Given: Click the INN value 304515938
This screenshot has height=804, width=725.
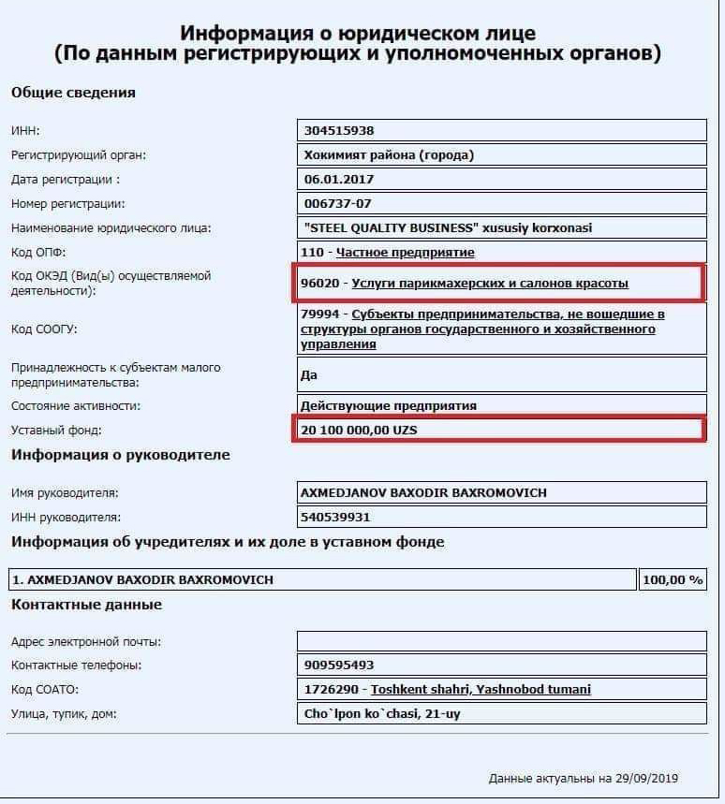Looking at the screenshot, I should pos(339,131).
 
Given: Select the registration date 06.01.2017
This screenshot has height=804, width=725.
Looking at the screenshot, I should pos(339,179).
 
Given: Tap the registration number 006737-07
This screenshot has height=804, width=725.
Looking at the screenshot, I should pos(338,203).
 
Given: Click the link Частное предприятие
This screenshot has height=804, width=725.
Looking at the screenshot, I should pos(406,253).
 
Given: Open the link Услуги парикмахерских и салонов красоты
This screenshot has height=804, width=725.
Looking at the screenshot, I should pos(490,283).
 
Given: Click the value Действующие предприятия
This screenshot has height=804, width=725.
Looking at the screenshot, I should pos(389,405).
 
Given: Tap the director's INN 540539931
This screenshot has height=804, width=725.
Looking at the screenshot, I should pos(336,517).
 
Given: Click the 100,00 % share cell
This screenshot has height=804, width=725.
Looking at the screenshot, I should pos(672,579).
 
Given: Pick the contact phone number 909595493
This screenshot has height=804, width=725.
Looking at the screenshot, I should pos(339,665).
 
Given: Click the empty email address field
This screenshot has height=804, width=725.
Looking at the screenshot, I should pos(501,641).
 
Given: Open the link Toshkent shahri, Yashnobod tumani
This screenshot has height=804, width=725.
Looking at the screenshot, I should pos(481,690).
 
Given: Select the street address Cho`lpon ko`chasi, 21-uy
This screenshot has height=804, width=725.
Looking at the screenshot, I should pos(382,714).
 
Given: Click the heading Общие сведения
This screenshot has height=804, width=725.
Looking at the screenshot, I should pos(73,93).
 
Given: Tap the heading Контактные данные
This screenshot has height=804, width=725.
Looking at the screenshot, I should pos(86,605).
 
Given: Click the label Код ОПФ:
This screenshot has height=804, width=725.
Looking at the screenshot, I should pos(38,253).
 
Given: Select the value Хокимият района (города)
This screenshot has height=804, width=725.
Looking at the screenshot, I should pos(389,155).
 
